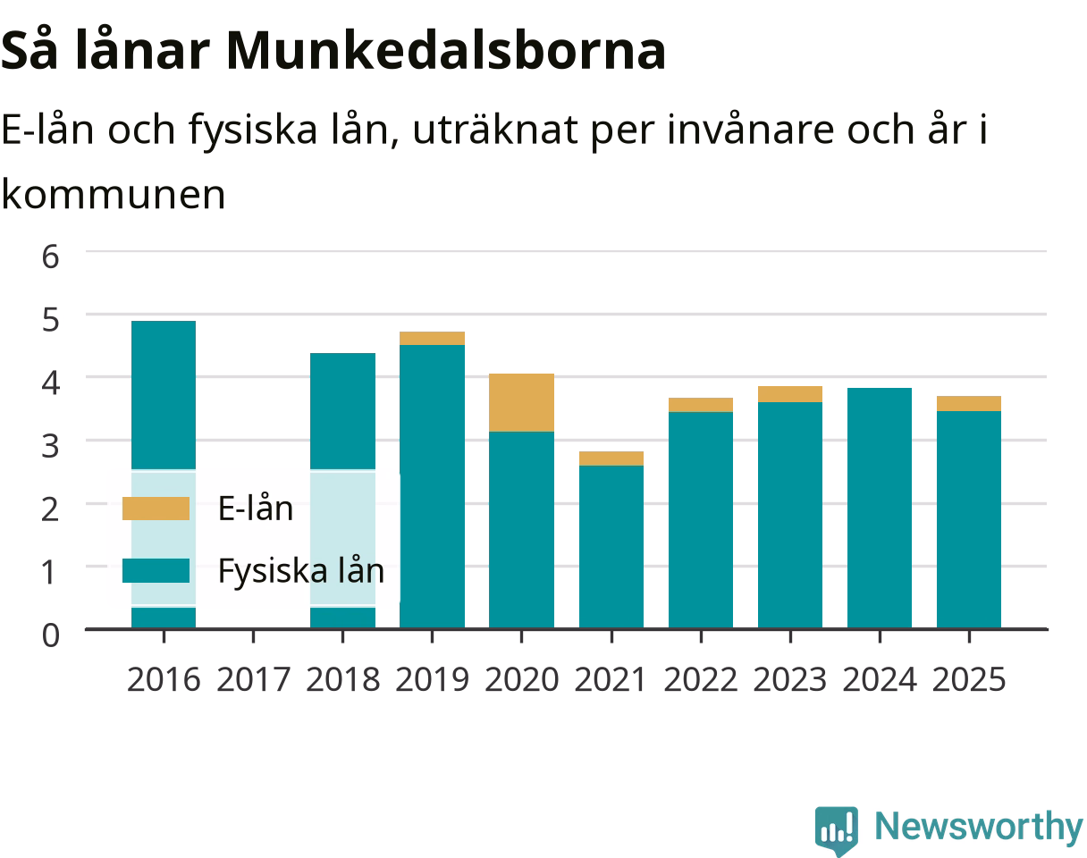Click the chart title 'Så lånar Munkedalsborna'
pyautogui.click(x=333, y=52)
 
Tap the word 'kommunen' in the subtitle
pyautogui.click(x=114, y=195)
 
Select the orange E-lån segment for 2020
pyautogui.click(x=521, y=402)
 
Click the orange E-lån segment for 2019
pyautogui.click(x=432, y=339)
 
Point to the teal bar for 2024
pyautogui.click(x=880, y=508)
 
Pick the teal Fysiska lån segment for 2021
pyautogui.click(x=611, y=547)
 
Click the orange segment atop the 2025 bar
pyautogui.click(x=969, y=403)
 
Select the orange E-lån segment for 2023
pyautogui.click(x=790, y=394)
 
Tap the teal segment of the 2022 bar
pyautogui.click(x=701, y=520)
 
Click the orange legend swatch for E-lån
pyautogui.click(x=156, y=508)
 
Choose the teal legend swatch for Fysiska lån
pyautogui.click(x=156, y=570)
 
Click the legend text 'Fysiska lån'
pyautogui.click(x=301, y=571)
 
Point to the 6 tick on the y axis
pyautogui.click(x=51, y=257)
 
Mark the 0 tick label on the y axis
pyautogui.click(x=51, y=635)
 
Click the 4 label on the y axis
pyautogui.click(x=51, y=383)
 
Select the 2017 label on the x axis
pyautogui.click(x=253, y=679)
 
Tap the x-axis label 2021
pyautogui.click(x=611, y=679)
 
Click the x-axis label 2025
pyautogui.click(x=969, y=679)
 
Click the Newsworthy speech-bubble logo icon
pyautogui.click(x=837, y=829)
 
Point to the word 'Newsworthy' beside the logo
pyautogui.click(x=979, y=827)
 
